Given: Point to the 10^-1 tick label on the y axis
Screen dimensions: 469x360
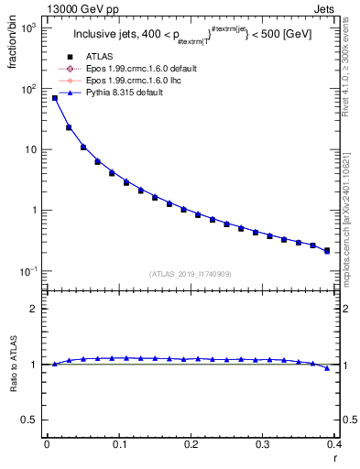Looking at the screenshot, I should tap(29, 271).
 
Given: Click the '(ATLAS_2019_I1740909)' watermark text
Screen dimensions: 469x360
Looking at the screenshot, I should tap(191, 274).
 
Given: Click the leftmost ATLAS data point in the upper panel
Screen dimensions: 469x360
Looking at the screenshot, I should tap(55, 98).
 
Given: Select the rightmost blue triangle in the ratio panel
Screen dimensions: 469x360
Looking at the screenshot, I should tap(327, 367).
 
